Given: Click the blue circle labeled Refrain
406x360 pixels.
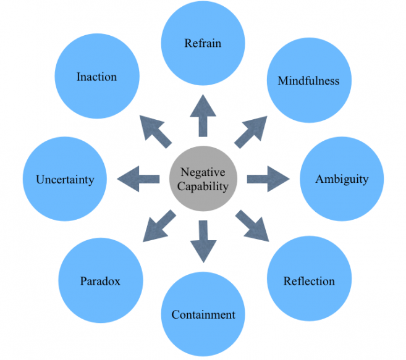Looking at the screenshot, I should [203, 43].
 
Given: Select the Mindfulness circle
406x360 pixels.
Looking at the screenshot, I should [308, 81].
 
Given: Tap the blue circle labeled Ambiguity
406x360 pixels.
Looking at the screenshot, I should [341, 179].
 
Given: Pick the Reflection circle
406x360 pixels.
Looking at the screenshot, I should [308, 281].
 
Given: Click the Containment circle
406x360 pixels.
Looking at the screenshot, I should [203, 314].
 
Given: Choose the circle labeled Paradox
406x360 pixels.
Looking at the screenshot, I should [100, 281].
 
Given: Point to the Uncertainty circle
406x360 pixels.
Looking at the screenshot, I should [64, 180].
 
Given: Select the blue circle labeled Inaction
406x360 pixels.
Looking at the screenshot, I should [96, 77].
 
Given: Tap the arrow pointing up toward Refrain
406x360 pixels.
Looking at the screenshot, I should [203, 115].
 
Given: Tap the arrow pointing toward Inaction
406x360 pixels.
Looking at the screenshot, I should [155, 132].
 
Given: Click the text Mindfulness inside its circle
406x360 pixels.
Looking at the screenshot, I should [308, 81].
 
